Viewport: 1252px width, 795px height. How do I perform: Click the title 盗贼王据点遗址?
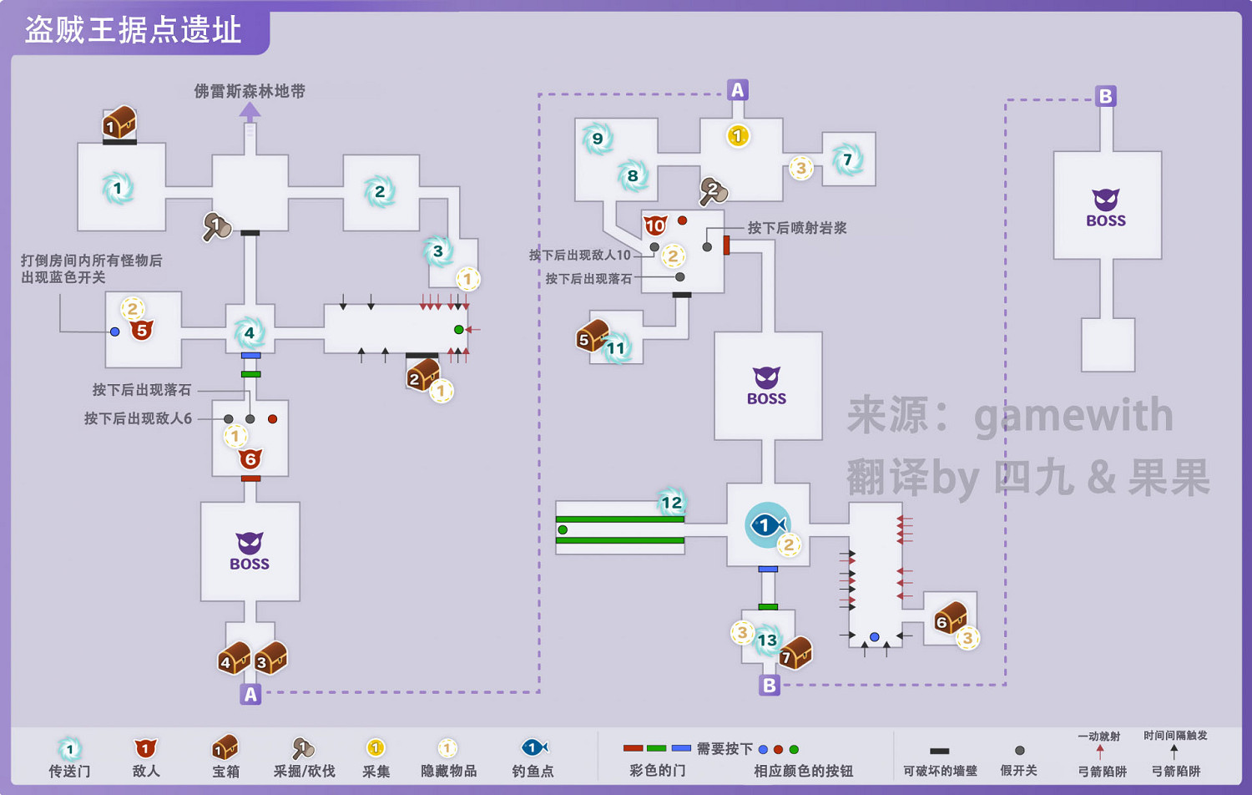click(x=133, y=31)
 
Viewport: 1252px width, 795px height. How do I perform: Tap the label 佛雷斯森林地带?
click(x=250, y=91)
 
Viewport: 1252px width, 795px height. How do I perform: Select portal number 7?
click(x=847, y=160)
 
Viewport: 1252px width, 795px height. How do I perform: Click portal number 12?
click(x=671, y=502)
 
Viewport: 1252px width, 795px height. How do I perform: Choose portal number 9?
click(x=598, y=139)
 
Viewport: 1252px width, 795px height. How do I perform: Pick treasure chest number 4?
click(x=234, y=659)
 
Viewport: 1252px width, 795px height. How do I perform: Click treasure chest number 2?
click(x=422, y=376)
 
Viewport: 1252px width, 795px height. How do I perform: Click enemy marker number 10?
click(x=655, y=225)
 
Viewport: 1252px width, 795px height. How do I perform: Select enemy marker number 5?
click(x=142, y=330)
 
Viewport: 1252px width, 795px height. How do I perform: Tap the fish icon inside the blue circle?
click(x=766, y=525)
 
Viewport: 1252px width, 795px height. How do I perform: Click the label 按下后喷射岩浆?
click(x=796, y=228)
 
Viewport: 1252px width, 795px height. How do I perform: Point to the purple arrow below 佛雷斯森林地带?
click(x=250, y=110)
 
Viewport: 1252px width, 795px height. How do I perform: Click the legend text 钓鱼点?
click(x=533, y=771)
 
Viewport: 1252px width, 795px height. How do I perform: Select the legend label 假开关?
click(x=1018, y=771)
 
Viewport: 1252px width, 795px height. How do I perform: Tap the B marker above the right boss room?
click(x=1105, y=96)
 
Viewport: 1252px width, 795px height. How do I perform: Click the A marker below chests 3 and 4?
click(x=250, y=694)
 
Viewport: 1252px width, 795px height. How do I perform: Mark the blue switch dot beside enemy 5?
click(x=115, y=332)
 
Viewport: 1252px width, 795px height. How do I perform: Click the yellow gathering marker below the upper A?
click(x=737, y=135)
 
